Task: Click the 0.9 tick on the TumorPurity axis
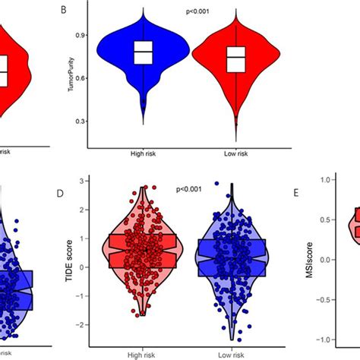tap(79, 35)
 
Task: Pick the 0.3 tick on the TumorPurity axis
tap(79, 122)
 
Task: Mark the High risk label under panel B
tap(143, 154)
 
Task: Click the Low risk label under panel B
tap(238, 154)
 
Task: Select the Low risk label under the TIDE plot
tap(229, 353)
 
